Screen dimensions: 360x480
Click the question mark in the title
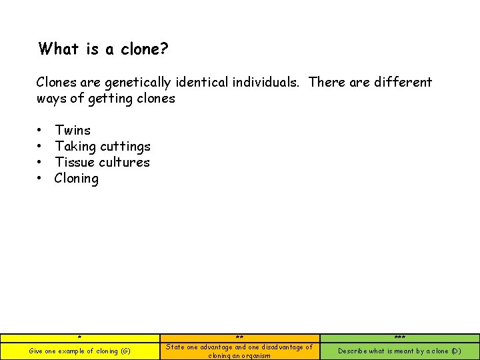164,49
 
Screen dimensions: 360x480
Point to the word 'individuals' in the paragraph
265,83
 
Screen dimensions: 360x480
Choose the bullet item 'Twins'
73,130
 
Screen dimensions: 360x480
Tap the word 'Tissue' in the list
75,162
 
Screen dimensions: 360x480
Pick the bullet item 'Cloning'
77,178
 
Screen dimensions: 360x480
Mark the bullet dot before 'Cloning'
40,179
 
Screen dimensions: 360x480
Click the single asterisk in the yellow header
79,338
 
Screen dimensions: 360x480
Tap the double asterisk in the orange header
239,338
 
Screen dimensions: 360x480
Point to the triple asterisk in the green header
399,338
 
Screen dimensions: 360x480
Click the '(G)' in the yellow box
125,351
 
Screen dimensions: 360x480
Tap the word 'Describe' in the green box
353,351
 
